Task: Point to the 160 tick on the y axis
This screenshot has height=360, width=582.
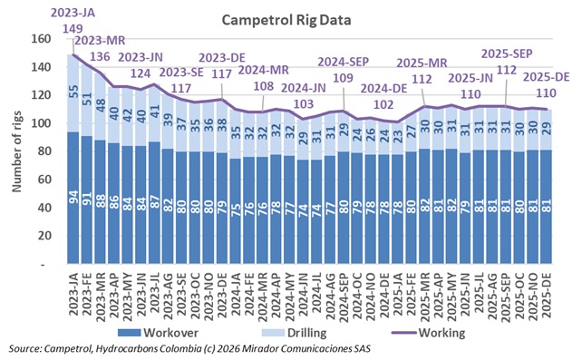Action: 40,40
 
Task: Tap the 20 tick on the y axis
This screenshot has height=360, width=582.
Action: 43,236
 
